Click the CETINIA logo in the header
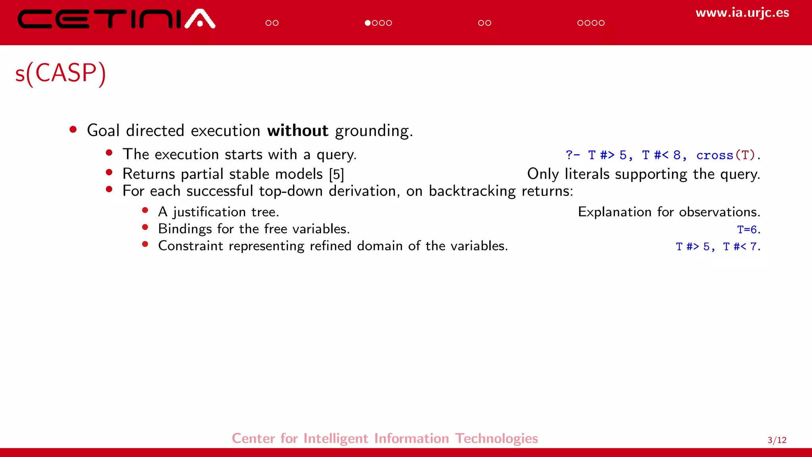(116, 19)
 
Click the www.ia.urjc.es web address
(742, 13)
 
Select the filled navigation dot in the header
(368, 23)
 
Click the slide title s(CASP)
(61, 73)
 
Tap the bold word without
(297, 131)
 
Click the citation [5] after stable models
(336, 174)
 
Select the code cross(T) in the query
(725, 155)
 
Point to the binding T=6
(747, 229)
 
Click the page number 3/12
(777, 440)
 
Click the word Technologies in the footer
(496, 438)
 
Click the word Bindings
(185, 229)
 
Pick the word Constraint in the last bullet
(190, 246)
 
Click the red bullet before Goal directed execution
(73, 129)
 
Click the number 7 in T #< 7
(753, 247)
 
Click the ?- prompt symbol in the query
(573, 155)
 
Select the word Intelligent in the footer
(336, 438)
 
